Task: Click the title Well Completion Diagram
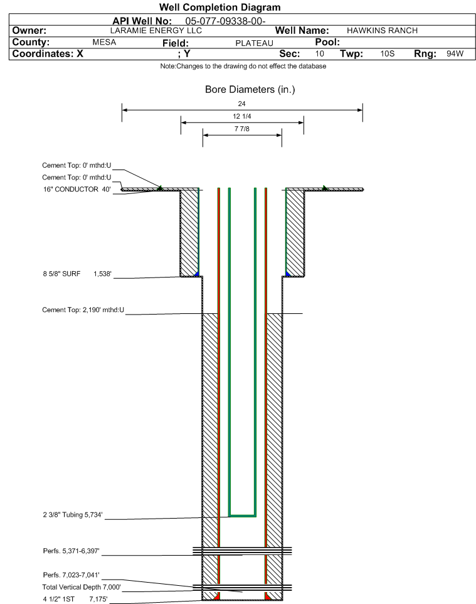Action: pos(220,8)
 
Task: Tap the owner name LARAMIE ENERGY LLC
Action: pos(156,31)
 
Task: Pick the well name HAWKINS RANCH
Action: pos(382,31)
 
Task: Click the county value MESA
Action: pos(104,43)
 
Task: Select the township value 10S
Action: pos(387,54)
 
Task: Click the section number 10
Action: pos(320,54)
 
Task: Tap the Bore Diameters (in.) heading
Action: pos(250,90)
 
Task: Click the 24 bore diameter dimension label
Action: pos(242,104)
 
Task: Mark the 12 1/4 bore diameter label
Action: pos(242,117)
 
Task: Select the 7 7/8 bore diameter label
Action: pos(242,129)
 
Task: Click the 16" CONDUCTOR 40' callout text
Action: pos(76,189)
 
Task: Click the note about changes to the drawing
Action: pos(243,67)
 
